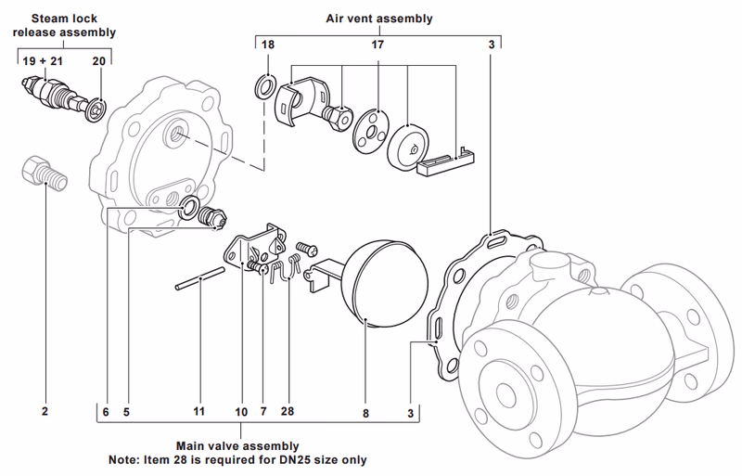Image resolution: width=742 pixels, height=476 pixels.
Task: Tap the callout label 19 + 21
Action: tap(42, 59)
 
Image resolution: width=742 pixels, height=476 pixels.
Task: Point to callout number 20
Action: tap(100, 59)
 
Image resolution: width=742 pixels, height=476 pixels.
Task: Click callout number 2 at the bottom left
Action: tap(44, 409)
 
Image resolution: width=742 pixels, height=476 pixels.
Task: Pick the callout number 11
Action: tap(198, 409)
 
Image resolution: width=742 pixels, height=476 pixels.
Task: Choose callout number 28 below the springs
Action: tap(288, 409)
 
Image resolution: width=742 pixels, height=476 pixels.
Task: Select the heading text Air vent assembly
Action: tap(378, 18)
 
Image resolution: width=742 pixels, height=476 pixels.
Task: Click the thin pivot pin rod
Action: tap(198, 278)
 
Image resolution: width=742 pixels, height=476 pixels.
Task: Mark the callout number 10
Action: tap(241, 409)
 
